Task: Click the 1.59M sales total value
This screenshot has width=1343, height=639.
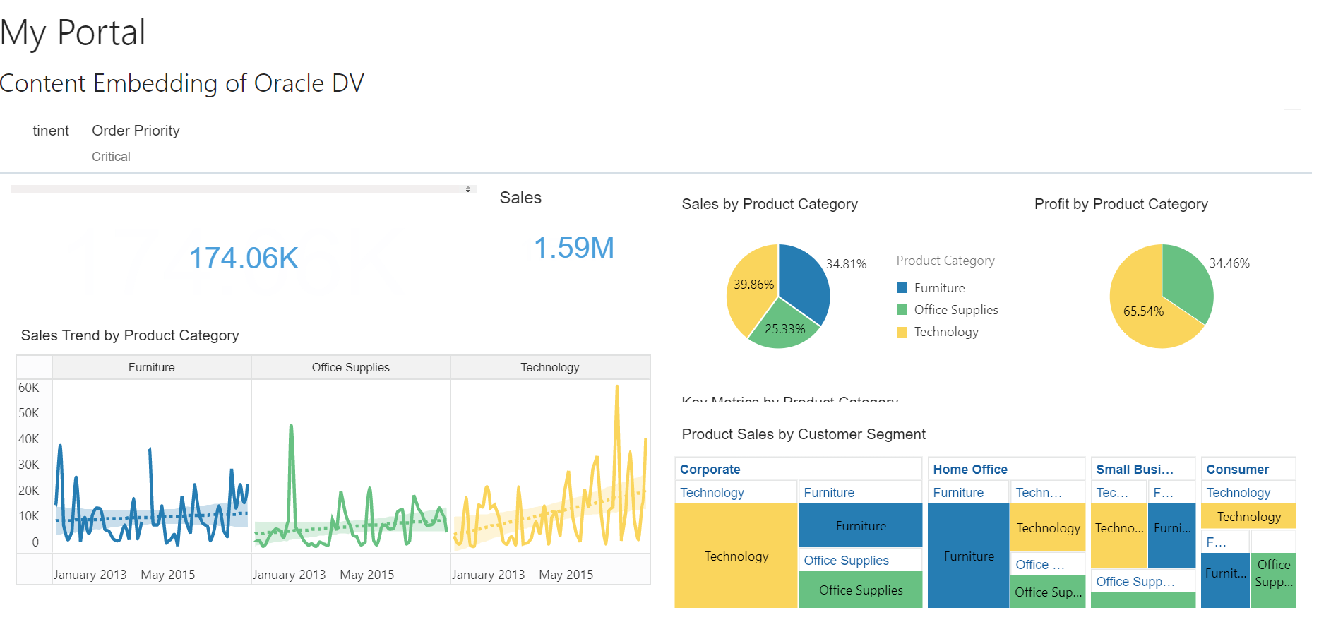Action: click(x=573, y=248)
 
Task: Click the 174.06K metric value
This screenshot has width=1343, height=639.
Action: click(x=244, y=258)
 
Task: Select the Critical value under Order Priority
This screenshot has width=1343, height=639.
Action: click(x=111, y=157)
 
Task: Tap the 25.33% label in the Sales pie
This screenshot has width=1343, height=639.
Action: click(x=784, y=329)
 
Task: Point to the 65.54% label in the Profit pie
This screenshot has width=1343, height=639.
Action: click(x=1143, y=311)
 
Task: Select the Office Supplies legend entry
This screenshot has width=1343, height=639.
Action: click(x=955, y=310)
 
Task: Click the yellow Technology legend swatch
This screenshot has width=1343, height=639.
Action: click(x=902, y=332)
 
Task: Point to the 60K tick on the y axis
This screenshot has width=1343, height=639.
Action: click(x=29, y=388)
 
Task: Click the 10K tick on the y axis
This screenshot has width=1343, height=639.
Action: click(x=29, y=516)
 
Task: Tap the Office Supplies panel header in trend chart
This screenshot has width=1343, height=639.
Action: click(x=350, y=367)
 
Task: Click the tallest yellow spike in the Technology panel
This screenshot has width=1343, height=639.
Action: click(x=617, y=389)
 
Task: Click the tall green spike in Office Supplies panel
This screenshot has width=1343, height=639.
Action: click(x=291, y=428)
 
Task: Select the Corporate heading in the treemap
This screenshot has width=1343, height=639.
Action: click(x=710, y=470)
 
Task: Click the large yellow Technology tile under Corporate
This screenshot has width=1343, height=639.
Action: click(x=736, y=556)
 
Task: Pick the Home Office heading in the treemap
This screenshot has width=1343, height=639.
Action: click(x=969, y=470)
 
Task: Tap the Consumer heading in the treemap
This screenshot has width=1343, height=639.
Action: click(x=1237, y=470)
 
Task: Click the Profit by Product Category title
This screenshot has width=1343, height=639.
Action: click(x=1121, y=204)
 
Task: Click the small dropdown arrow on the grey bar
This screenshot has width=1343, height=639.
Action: click(x=468, y=189)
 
